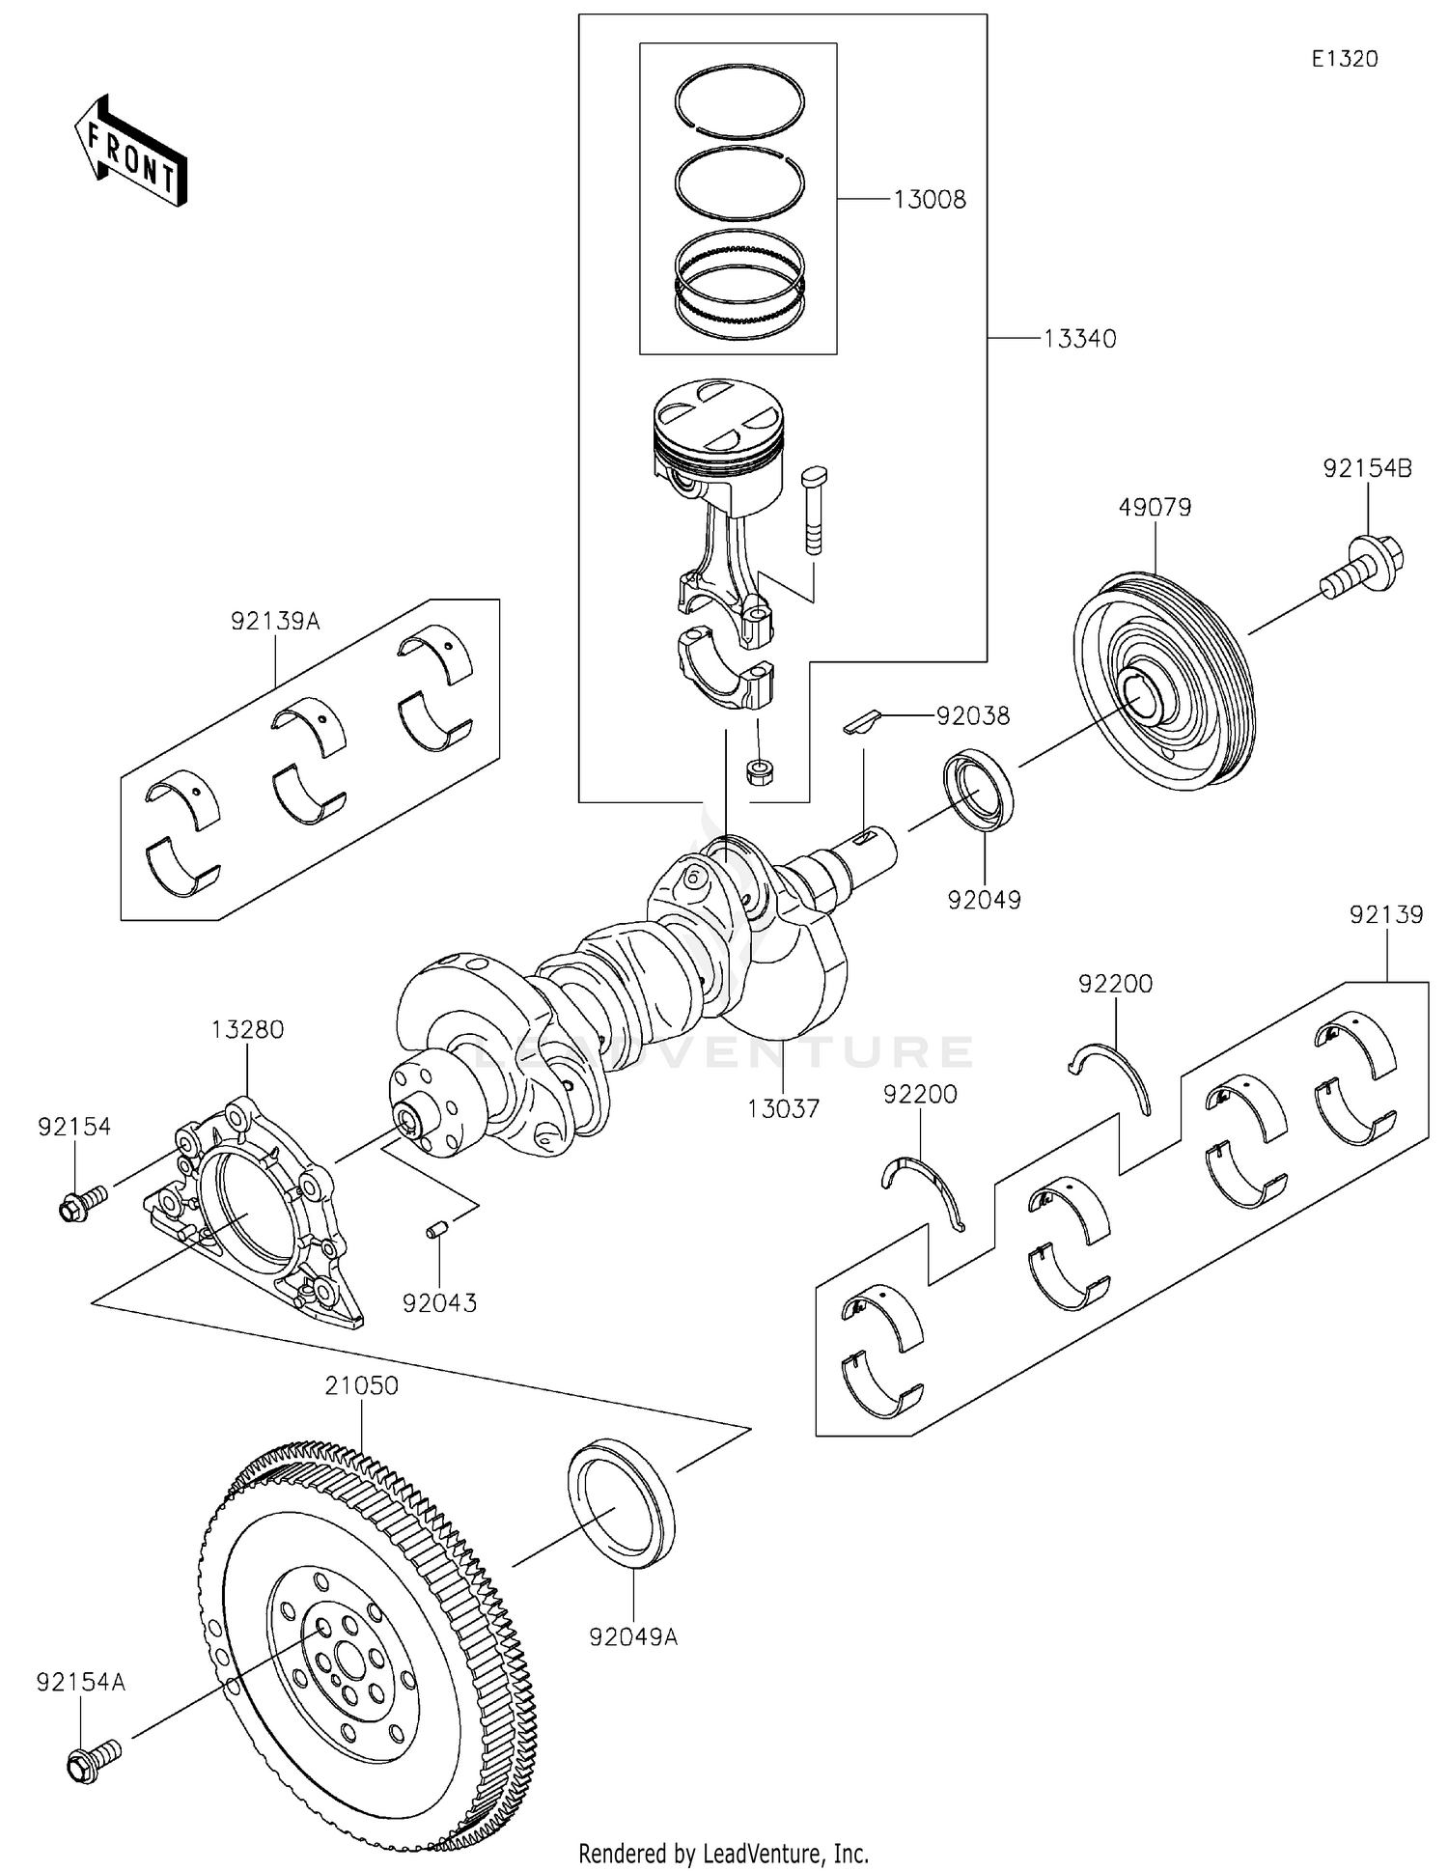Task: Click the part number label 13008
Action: coord(929,200)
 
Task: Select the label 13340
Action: coord(1079,339)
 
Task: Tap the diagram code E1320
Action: coord(1344,59)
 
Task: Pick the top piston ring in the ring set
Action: coord(739,102)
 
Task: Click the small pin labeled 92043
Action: coord(435,1230)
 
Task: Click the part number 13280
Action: coord(248,1029)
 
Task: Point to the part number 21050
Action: coord(361,1385)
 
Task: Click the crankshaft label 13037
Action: coord(783,1108)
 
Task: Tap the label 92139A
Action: coord(275,621)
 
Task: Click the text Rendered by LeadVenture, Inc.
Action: coord(723,1853)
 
